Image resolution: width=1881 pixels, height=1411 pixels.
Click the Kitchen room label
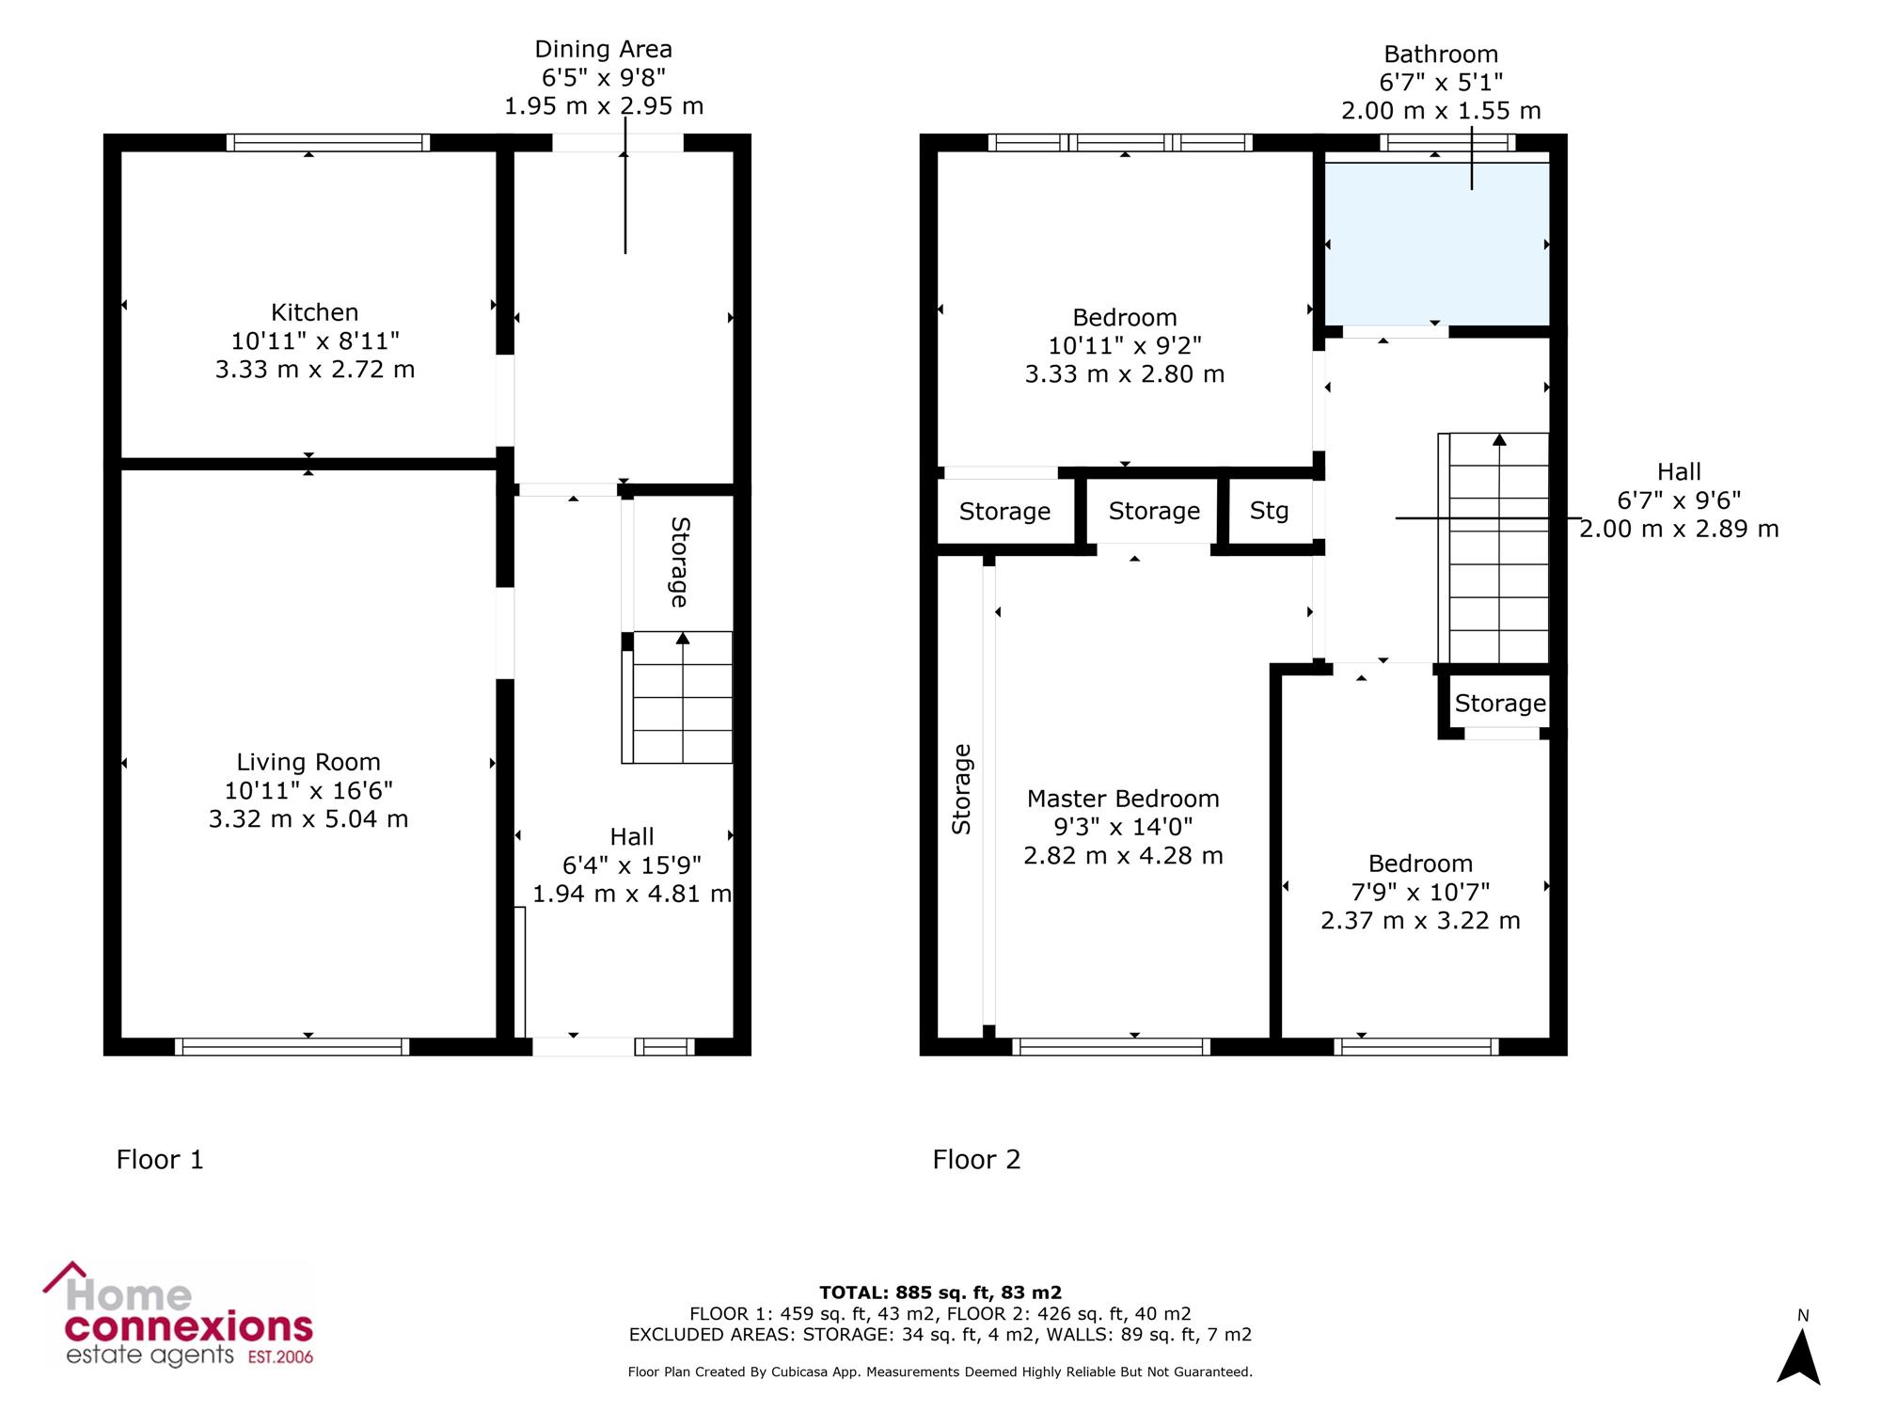pyautogui.click(x=315, y=312)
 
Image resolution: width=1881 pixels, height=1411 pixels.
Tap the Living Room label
pyautogui.click(x=308, y=762)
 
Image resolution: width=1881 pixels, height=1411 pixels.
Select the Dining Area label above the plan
pyautogui.click(x=604, y=49)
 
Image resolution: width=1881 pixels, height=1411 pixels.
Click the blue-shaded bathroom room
pyautogui.click(x=1436, y=244)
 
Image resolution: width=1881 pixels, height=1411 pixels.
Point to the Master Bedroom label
pyautogui.click(x=1123, y=799)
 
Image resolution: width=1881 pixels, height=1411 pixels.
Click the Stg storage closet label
pyautogui.click(x=1269, y=511)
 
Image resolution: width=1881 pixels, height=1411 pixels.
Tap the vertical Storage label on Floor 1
pyautogui.click(x=679, y=563)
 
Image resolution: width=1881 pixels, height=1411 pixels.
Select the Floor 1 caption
pyautogui.click(x=160, y=1160)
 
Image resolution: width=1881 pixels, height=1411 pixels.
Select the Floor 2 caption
pyautogui.click(x=976, y=1160)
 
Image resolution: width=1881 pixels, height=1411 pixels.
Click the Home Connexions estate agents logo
pyautogui.click(x=179, y=1315)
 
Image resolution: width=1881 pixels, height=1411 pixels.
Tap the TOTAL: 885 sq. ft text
pyautogui.click(x=940, y=1292)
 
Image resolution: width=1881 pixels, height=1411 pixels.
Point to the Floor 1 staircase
pyautogui.click(x=677, y=697)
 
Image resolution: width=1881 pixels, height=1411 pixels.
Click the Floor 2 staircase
pyautogui.click(x=1494, y=547)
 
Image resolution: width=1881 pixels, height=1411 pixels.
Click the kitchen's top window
pyautogui.click(x=328, y=142)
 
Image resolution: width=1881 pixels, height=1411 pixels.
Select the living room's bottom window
pyautogui.click(x=292, y=1047)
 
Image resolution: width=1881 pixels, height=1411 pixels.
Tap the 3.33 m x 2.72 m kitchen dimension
pyautogui.click(x=315, y=369)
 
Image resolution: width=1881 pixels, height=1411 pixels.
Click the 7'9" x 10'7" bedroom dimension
pyautogui.click(x=1420, y=892)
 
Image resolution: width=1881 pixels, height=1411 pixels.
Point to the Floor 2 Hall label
pyautogui.click(x=1680, y=471)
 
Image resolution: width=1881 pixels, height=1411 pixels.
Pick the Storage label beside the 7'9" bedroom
pyautogui.click(x=1500, y=703)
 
